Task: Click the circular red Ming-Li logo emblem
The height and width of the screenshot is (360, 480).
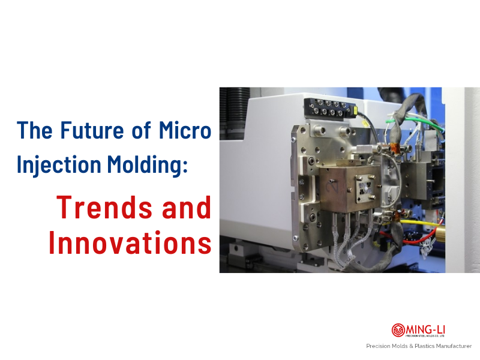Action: (398, 330)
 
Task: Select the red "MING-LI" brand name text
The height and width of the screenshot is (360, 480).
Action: (425, 328)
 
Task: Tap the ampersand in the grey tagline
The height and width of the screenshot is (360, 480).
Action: (410, 346)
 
